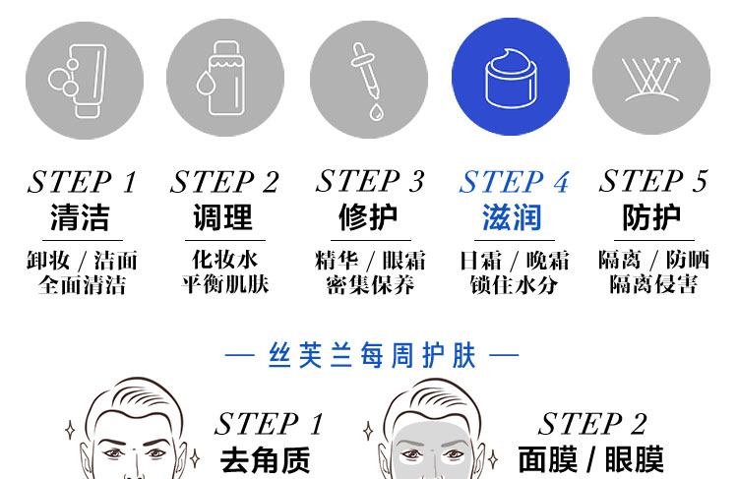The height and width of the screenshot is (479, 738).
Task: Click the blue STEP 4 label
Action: pyautogui.click(x=514, y=183)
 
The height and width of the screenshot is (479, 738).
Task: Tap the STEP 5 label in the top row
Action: pyautogui.click(x=653, y=182)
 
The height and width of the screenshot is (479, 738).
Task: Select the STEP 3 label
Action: pyautogui.click(x=370, y=182)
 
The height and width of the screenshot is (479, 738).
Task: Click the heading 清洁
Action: pyautogui.click(x=81, y=217)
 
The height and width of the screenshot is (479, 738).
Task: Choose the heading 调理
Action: pyautogui.click(x=224, y=217)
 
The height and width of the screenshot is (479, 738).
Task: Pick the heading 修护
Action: pyautogui.click(x=369, y=217)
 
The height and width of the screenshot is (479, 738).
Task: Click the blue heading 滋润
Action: pyautogui.click(x=513, y=217)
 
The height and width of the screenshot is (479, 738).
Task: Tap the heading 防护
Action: pyautogui.click(x=652, y=217)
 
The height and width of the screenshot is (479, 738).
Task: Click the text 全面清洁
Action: pyautogui.click(x=82, y=285)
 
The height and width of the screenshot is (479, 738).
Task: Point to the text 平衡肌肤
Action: pyautogui.click(x=225, y=285)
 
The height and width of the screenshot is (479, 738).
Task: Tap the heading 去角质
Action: pyautogui.click(x=265, y=459)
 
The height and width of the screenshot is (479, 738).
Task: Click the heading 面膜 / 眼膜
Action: pyautogui.click(x=591, y=459)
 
